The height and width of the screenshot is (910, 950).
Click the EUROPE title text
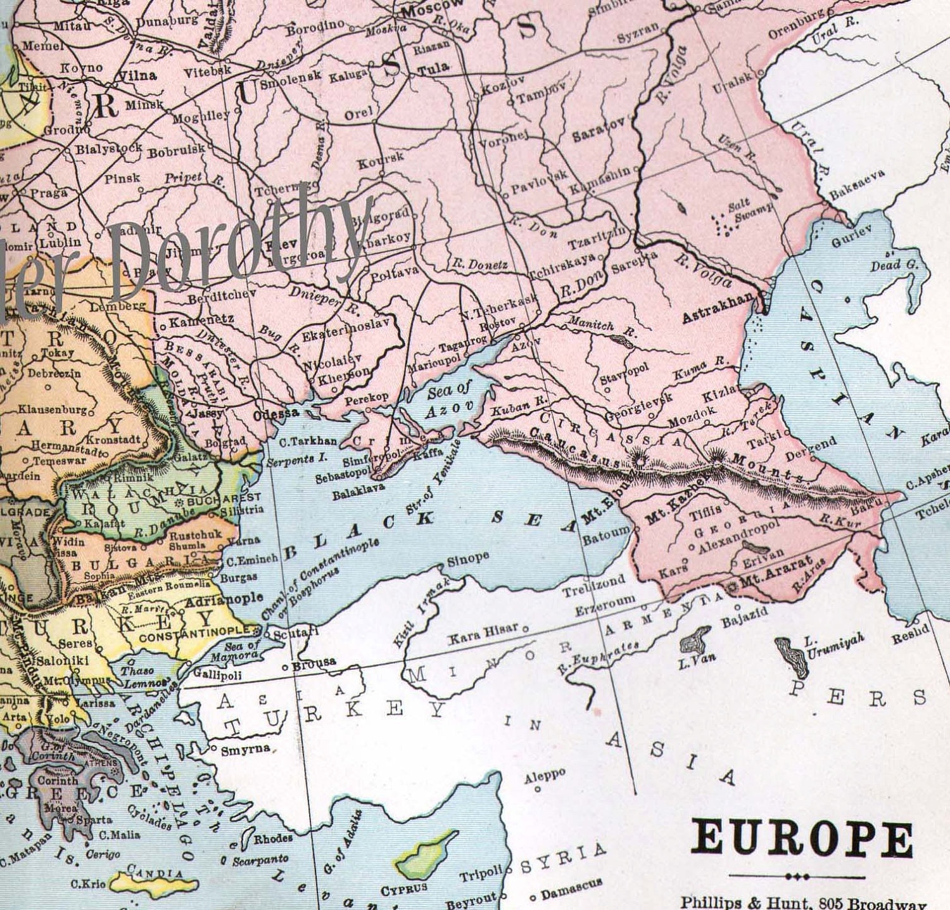click(802, 839)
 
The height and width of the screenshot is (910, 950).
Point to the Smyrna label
click(245, 750)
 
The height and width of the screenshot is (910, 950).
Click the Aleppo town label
click(544, 776)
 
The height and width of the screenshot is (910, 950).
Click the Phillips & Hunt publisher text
click(803, 902)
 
